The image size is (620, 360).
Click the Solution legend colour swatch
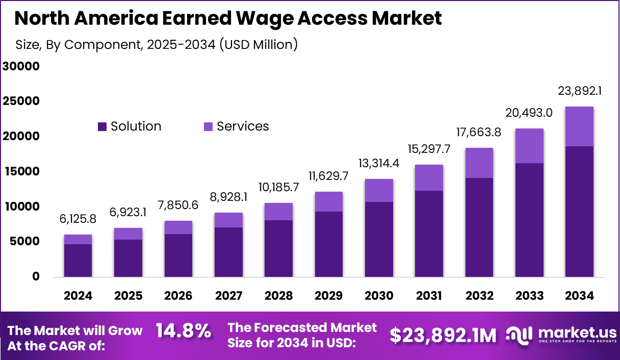[x=102, y=126]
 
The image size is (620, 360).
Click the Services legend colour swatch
[x=208, y=126]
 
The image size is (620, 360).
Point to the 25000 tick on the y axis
[x=21, y=101]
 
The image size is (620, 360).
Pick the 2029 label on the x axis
[x=328, y=296]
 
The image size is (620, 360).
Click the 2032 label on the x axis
[x=479, y=296]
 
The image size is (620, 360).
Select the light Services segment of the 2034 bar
[x=579, y=126]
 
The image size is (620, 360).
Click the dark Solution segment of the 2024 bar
[x=77, y=260]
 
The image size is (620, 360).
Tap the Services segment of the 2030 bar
[x=379, y=190]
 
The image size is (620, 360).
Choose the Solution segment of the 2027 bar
[x=228, y=252]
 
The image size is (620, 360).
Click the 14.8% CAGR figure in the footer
[x=184, y=331]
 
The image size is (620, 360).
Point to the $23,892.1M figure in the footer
[x=443, y=335]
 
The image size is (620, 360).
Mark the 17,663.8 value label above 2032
[x=479, y=132]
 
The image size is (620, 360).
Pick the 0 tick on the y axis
[x=35, y=276]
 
